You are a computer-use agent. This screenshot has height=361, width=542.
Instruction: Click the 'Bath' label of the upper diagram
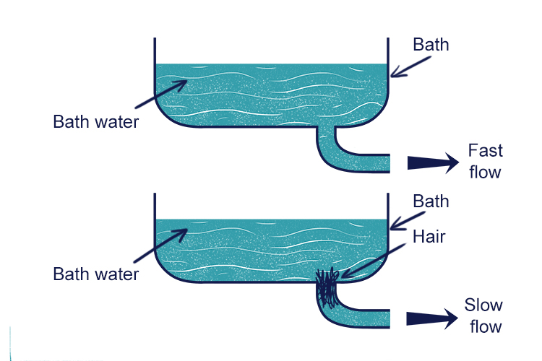click(x=431, y=45)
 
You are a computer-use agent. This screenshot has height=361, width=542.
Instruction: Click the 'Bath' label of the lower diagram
click(x=431, y=201)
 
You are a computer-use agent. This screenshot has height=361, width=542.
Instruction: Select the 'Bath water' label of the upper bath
click(x=95, y=121)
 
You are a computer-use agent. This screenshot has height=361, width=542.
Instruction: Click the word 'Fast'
click(x=485, y=152)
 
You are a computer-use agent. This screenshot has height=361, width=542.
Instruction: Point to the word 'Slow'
click(x=483, y=305)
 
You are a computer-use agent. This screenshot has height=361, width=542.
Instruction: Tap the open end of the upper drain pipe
click(x=388, y=163)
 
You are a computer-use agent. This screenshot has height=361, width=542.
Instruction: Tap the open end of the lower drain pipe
click(x=388, y=318)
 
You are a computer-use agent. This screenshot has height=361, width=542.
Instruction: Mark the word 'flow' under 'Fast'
click(x=485, y=173)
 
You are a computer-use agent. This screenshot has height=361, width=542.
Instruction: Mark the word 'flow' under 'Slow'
click(x=485, y=326)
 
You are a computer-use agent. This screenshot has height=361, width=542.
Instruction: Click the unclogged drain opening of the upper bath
click(x=327, y=129)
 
